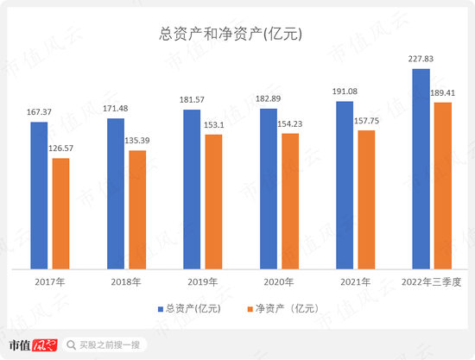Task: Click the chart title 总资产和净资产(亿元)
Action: [x=237, y=35]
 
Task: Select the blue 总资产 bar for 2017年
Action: [x=40, y=195]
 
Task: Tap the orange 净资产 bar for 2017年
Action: [x=60, y=213]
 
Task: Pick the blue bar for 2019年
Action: [x=192, y=189]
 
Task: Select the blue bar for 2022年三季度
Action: [x=421, y=169]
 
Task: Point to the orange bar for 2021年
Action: [x=366, y=199]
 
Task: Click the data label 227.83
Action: [x=420, y=59]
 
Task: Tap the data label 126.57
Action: [x=61, y=148]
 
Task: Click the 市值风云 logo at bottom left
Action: [x=32, y=344]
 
